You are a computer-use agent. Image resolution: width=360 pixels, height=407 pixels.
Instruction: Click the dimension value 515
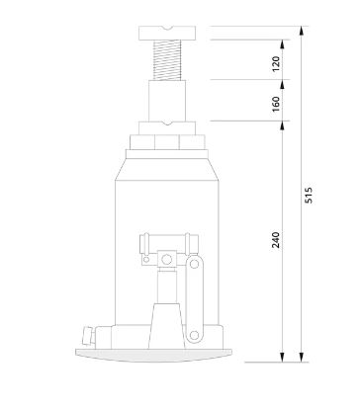[x=309, y=195]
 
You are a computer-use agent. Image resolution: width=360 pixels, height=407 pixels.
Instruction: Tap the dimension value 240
[x=276, y=240]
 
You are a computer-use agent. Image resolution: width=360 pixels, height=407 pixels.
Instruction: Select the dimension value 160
[x=276, y=104]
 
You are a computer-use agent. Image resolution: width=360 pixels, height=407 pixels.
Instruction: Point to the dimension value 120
[x=276, y=64]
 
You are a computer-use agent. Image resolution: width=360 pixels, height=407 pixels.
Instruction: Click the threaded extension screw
[x=167, y=60]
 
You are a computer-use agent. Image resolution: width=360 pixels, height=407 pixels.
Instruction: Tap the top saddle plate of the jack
[x=167, y=33]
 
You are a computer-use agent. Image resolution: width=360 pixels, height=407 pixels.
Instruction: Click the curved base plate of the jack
[x=153, y=356]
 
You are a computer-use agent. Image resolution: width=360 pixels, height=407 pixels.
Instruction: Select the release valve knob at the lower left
[x=88, y=335]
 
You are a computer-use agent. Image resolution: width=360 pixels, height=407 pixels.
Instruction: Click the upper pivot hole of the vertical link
[x=194, y=264]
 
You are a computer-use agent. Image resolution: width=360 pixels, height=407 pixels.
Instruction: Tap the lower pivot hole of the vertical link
[x=194, y=335]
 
